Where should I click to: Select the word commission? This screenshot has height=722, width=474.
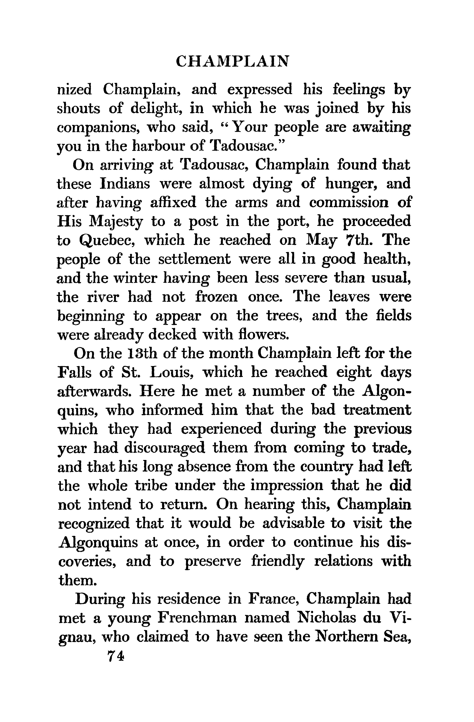click(x=349, y=203)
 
